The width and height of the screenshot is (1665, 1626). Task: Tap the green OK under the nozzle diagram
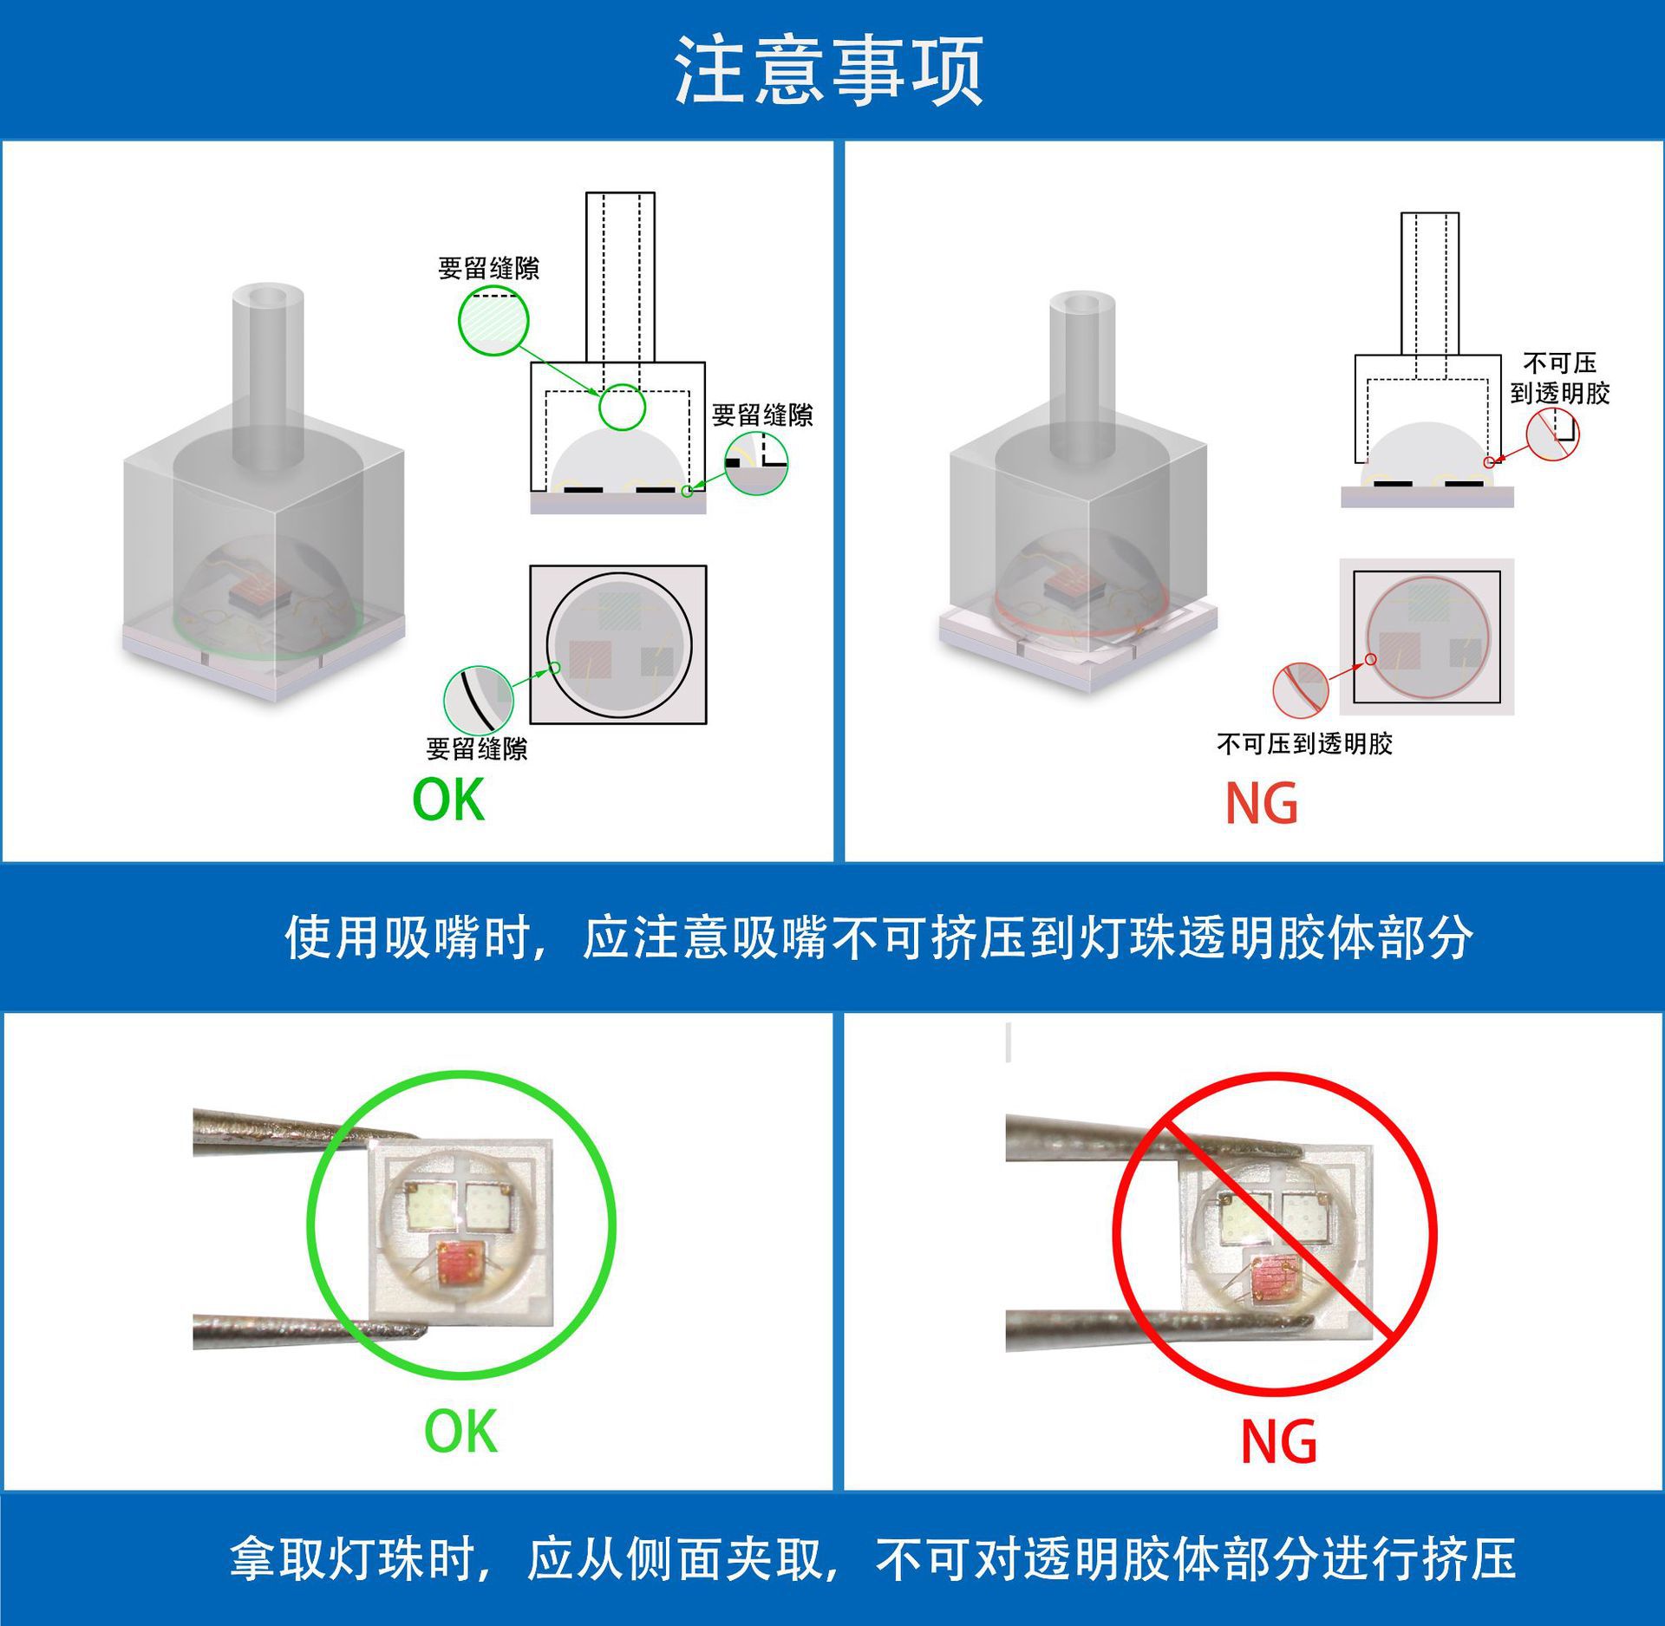pos(447,800)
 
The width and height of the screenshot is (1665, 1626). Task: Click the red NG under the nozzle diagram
pos(1261,804)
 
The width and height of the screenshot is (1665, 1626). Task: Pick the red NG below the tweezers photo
pos(1278,1442)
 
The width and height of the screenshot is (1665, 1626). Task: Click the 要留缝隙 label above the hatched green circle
pos(488,269)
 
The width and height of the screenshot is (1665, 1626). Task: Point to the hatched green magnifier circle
pos(493,322)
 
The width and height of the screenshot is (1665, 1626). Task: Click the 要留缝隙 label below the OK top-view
pos(476,748)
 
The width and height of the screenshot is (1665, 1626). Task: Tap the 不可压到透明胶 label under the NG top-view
pos(1303,743)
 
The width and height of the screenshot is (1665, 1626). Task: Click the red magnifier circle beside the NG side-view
pos(1552,434)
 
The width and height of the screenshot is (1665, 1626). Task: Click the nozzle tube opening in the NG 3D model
pos(1082,304)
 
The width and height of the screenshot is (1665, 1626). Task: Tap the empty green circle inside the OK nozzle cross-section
pos(622,407)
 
